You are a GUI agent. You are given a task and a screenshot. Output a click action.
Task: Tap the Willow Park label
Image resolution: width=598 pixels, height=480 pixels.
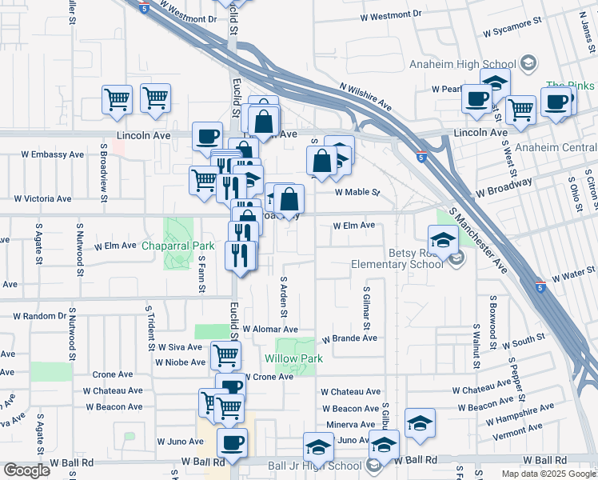click(x=294, y=359)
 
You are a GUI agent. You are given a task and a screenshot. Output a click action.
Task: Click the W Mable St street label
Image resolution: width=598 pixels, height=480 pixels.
click(x=357, y=193)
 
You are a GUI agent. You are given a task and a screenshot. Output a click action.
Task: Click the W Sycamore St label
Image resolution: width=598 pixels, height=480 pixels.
click(x=516, y=26)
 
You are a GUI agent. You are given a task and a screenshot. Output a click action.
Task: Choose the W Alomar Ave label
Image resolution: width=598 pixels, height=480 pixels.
click(x=270, y=330)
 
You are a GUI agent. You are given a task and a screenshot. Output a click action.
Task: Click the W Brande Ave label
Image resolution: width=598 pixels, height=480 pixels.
click(x=349, y=338)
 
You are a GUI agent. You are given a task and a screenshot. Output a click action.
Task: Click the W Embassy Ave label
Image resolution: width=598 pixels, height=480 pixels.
click(x=52, y=154)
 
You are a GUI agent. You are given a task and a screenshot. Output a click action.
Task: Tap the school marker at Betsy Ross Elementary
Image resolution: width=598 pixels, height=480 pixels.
click(x=442, y=239)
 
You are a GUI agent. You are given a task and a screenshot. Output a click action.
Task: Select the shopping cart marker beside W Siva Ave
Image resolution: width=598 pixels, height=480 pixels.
click(x=225, y=354)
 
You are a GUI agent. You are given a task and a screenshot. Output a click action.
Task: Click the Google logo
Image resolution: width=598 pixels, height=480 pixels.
click(x=26, y=470)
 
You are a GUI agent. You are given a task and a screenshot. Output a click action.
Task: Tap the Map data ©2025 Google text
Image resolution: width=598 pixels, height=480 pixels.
click(x=548, y=474)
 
